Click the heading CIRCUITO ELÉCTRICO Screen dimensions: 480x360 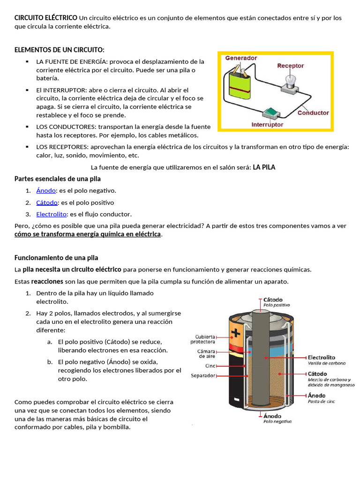(46, 18)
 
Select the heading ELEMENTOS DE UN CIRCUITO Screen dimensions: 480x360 (60, 50)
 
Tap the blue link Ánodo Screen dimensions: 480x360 (46, 190)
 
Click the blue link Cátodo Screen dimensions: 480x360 (47, 202)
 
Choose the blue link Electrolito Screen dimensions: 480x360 (52, 214)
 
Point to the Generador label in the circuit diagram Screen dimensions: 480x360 (241, 58)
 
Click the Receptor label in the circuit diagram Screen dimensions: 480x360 (290, 66)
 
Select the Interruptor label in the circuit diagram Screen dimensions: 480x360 (267, 125)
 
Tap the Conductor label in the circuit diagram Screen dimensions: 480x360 (313, 113)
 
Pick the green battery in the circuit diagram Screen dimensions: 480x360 (240, 84)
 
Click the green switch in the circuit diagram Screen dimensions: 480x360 (271, 113)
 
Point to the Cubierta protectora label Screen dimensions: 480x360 (203, 338)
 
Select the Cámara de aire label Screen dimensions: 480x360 (206, 353)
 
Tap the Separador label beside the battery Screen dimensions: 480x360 (203, 375)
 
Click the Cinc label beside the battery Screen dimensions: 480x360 (210, 366)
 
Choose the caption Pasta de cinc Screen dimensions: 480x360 (322, 401)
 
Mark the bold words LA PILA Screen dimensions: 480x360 (264, 167)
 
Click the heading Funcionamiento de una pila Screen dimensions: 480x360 (56, 258)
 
